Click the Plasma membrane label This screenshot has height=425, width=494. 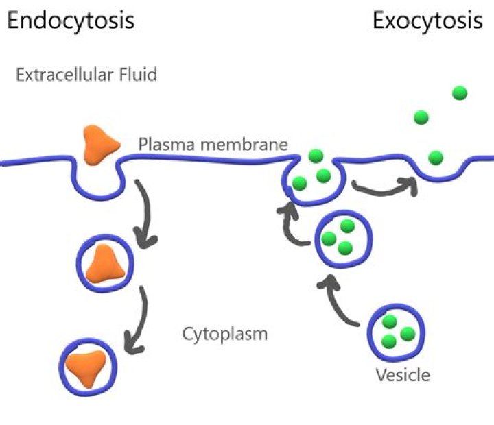pyautogui.click(x=213, y=145)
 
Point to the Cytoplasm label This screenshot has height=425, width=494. pyautogui.click(x=224, y=335)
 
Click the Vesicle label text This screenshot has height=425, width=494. pyautogui.click(x=403, y=376)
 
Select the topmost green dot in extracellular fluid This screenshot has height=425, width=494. pyautogui.click(x=460, y=93)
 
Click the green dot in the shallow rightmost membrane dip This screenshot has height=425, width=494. pyautogui.click(x=436, y=158)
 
